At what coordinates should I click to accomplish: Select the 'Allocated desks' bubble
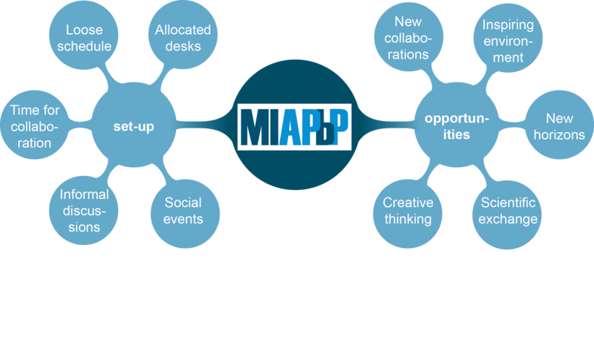[x=183, y=38]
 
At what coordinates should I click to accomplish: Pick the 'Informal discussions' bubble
[x=83, y=211]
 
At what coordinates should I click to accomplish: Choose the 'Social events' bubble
[x=183, y=211]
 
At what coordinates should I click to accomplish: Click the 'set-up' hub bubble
[x=134, y=127]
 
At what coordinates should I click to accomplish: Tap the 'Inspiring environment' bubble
[x=509, y=42]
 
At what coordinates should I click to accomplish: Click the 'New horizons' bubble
[x=558, y=127]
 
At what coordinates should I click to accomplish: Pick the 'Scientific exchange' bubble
[x=509, y=211]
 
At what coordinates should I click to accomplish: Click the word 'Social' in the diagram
[x=183, y=203]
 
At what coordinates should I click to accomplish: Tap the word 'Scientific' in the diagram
[x=509, y=203]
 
